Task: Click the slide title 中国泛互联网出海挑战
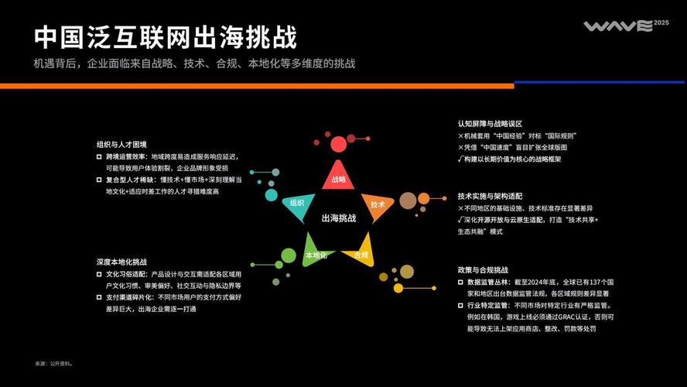pos(166,36)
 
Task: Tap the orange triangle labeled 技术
pos(376,204)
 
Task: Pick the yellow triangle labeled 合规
pos(360,254)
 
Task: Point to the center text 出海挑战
pos(339,218)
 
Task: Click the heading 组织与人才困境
pos(121,145)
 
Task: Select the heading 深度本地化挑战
pos(121,262)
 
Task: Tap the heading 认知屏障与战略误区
pos(490,124)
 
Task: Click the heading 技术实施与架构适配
pos(490,197)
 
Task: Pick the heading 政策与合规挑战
pos(483,270)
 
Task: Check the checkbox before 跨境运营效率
pos(99,156)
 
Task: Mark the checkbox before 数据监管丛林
pos(461,283)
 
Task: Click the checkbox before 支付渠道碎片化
pos(99,297)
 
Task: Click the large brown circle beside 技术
pos(408,201)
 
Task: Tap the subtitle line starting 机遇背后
pos(194,63)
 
